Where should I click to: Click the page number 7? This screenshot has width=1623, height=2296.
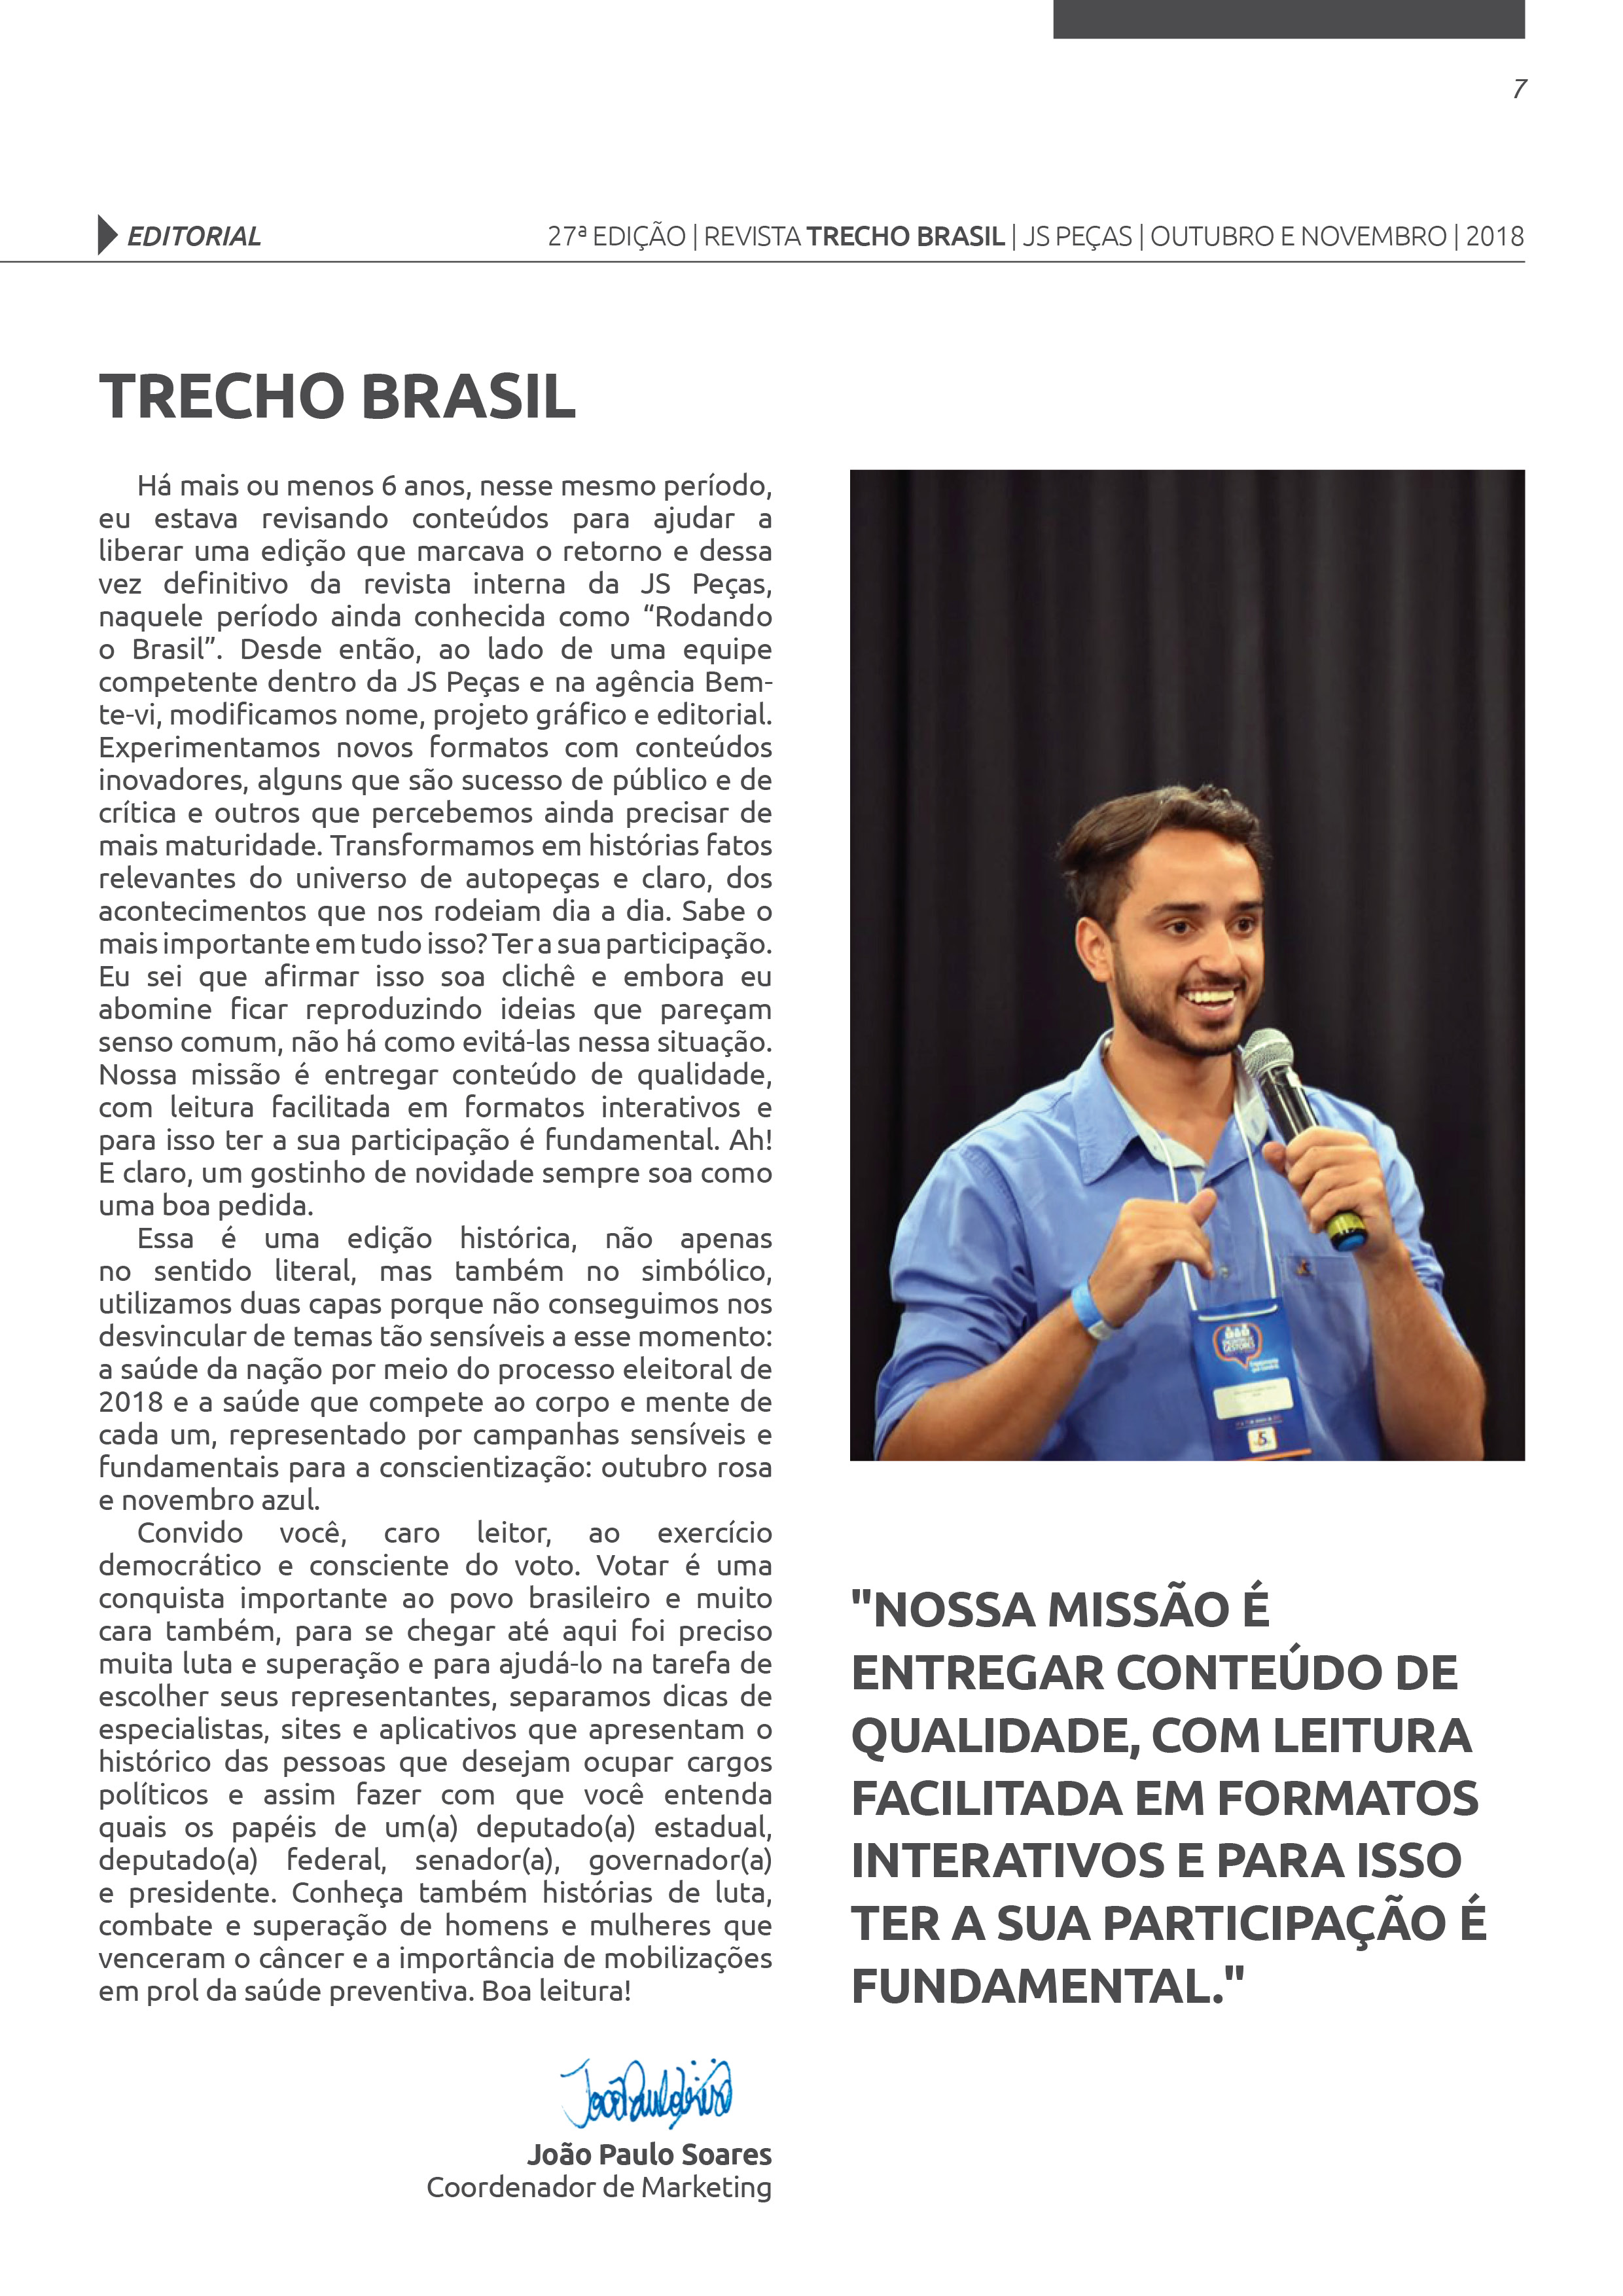pos(1519,89)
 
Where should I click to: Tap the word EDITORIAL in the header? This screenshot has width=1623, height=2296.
pos(194,237)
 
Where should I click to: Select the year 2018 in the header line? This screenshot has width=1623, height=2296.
pos(1495,237)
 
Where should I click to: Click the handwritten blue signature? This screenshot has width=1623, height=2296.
pos(646,2090)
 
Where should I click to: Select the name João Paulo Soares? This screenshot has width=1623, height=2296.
pos(649,2154)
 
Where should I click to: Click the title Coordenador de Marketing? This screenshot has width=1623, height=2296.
pos(599,2187)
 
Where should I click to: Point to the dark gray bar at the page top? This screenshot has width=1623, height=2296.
pos(1288,18)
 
